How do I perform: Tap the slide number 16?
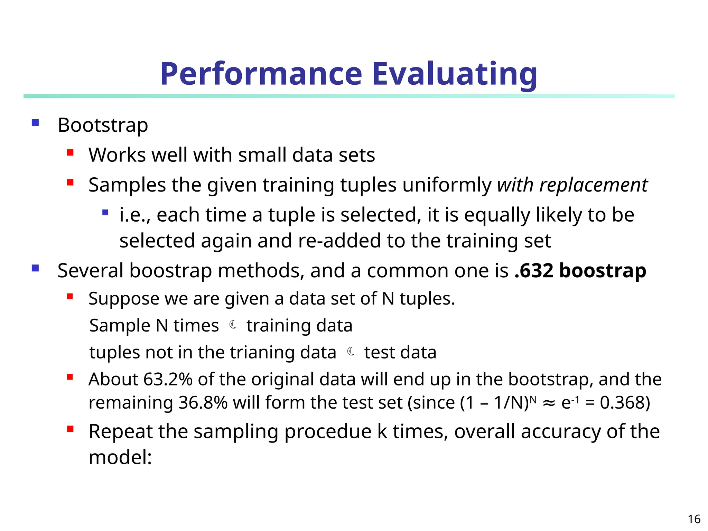[694, 519]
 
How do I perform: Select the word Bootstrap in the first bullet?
[103, 125]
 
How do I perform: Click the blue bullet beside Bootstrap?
[35, 123]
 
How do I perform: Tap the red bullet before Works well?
[70, 152]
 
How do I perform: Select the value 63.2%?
[168, 379]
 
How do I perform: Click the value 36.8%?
[203, 403]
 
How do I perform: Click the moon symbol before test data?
[351, 352]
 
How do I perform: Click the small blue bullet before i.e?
[105, 213]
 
